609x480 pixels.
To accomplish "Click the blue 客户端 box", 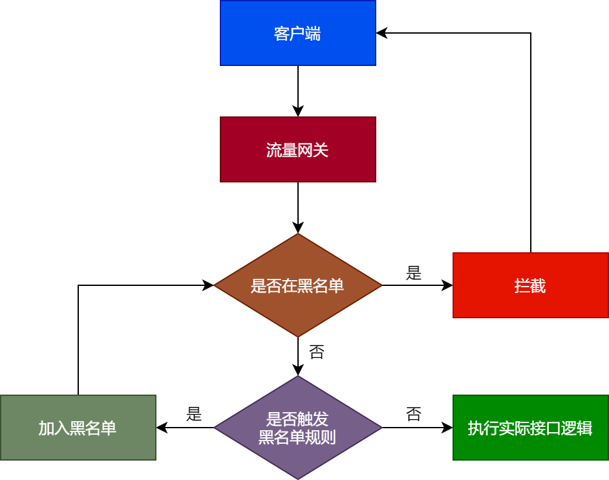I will tap(297, 33).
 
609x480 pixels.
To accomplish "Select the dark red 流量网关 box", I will tap(297, 149).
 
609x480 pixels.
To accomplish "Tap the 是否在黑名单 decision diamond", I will tap(297, 285).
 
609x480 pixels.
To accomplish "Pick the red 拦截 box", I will tap(530, 285).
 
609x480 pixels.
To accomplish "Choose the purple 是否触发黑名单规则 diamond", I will tap(297, 428).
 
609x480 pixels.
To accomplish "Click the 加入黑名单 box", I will tap(78, 428).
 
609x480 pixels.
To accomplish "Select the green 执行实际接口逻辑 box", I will tap(530, 428).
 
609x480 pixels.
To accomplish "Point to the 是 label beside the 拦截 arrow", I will tap(414, 274).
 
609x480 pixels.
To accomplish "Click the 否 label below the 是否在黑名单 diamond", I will tap(317, 353).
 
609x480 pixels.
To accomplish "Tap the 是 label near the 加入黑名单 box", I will tap(194, 415).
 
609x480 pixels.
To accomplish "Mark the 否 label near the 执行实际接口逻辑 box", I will tap(414, 415).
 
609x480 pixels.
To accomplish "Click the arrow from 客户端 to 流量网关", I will tap(298, 91).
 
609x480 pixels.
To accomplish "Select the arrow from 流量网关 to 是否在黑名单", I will tap(298, 207).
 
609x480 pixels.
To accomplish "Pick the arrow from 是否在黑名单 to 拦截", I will tap(417, 285).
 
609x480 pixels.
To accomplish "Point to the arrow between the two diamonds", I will tap(298, 356).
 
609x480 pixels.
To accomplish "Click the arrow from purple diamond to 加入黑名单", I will tap(185, 428).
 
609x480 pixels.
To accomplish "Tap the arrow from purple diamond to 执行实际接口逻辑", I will tap(417, 428).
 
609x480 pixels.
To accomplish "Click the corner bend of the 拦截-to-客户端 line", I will tap(531, 33).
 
